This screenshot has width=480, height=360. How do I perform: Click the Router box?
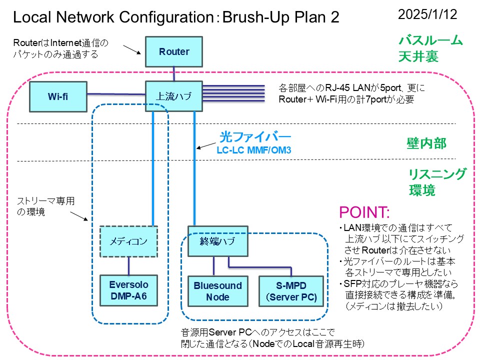point(174,51)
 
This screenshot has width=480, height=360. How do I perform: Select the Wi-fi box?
point(58,96)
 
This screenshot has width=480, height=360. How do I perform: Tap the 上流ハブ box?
point(174,96)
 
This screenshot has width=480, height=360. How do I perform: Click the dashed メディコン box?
point(128,241)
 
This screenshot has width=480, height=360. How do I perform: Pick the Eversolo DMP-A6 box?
point(128,290)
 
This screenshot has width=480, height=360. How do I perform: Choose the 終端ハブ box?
point(217,241)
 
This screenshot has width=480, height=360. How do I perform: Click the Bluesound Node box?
point(217,290)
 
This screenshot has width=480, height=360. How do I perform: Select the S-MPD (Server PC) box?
point(288,290)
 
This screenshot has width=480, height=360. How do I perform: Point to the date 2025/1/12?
point(427,14)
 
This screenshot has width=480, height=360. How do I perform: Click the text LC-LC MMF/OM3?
point(253,149)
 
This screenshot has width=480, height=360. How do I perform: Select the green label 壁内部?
point(426,144)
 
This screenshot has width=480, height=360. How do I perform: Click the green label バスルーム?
point(430,40)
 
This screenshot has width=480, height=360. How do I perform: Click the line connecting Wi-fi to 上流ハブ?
point(116,93)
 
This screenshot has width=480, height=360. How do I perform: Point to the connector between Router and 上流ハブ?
point(174,74)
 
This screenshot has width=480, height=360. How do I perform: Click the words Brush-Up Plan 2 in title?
point(280,17)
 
